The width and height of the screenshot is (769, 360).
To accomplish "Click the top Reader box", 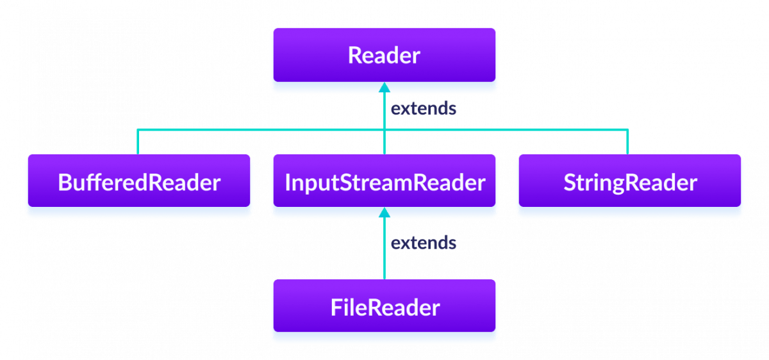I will click(x=384, y=55).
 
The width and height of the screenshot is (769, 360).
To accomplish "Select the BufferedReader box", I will click(x=138, y=183).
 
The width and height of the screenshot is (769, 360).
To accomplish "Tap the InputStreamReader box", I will click(x=384, y=183).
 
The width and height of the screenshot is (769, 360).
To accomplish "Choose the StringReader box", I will click(x=630, y=183).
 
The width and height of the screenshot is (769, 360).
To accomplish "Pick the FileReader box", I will click(x=384, y=307).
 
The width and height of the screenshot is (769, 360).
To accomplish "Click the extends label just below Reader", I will click(x=424, y=109).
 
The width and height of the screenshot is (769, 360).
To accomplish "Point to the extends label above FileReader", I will click(x=424, y=243).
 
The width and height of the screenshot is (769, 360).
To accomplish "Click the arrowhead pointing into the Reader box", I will click(x=384, y=88).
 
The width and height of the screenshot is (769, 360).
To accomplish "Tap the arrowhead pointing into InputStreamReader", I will click(x=384, y=213).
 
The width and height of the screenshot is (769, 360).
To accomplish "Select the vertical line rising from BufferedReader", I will click(x=138, y=142).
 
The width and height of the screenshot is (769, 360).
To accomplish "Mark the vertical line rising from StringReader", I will click(x=628, y=142).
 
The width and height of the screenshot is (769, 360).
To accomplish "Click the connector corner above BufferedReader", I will click(x=138, y=130).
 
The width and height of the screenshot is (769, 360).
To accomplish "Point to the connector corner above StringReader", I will click(x=628, y=130).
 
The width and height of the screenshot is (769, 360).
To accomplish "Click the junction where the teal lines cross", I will click(x=384, y=130).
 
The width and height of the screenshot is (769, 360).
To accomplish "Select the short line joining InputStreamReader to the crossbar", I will click(x=384, y=142).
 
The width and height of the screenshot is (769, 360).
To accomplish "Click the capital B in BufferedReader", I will click(x=64, y=183).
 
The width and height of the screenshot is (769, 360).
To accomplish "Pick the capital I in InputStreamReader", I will click(x=287, y=183).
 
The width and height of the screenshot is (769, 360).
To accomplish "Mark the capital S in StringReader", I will click(x=570, y=183).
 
